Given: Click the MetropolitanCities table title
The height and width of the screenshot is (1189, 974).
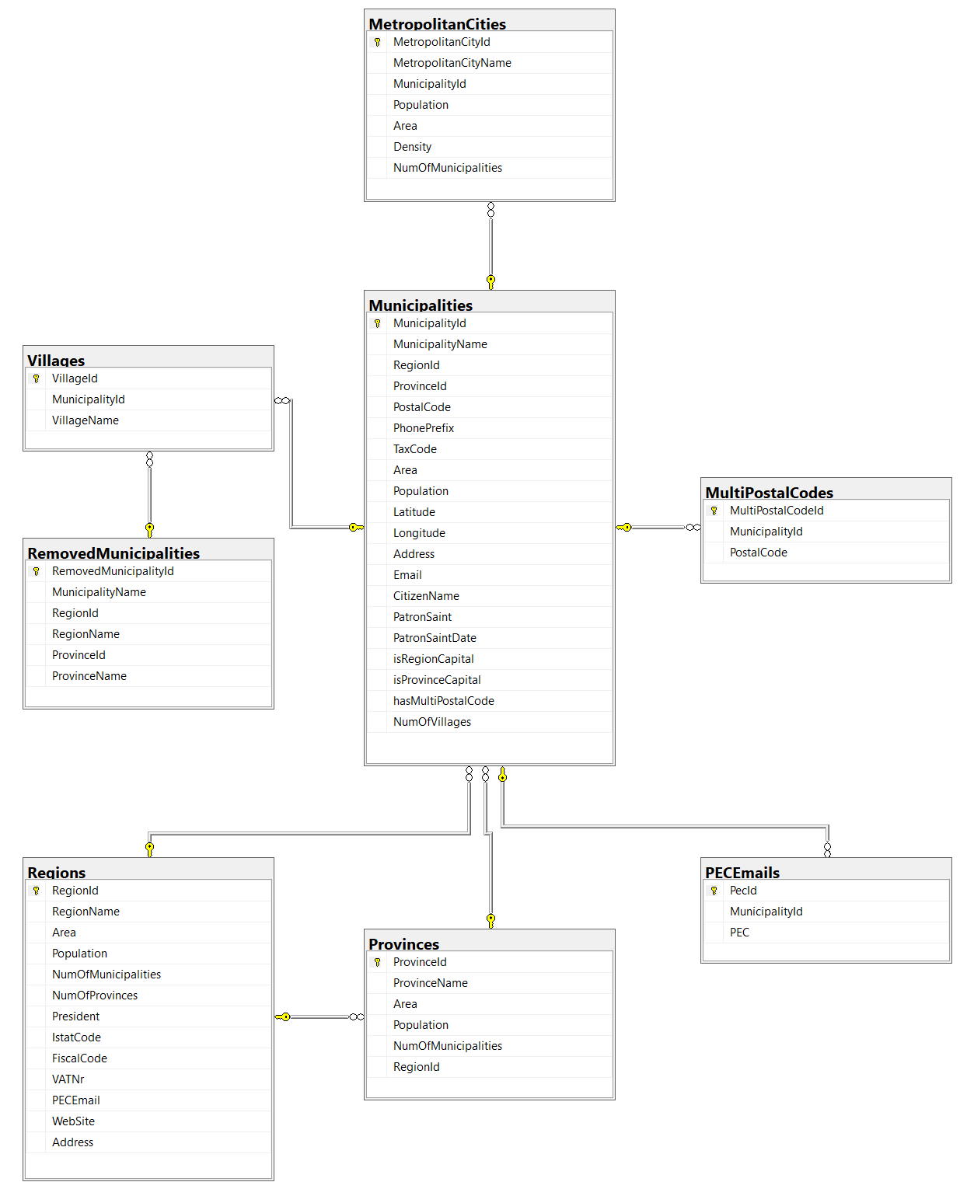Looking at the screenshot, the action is (x=437, y=23).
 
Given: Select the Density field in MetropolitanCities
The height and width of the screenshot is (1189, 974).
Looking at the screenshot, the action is (x=412, y=147).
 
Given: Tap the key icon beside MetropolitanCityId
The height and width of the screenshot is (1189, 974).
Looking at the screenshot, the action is (x=377, y=42).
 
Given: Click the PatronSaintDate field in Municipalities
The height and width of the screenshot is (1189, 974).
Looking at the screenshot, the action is (x=435, y=637).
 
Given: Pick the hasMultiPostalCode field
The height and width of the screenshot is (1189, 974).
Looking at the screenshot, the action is (x=443, y=701).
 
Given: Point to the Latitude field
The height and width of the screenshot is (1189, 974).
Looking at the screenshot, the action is (x=414, y=512).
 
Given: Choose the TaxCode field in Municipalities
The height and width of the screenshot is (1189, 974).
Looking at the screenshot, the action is (x=414, y=448).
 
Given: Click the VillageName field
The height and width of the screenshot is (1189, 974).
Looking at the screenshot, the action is (x=86, y=420).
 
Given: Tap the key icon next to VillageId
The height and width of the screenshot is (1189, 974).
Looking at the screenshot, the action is (x=36, y=378).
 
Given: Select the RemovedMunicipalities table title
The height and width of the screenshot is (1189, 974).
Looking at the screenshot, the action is (x=113, y=553).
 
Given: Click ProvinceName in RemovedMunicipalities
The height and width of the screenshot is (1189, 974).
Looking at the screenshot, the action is (x=89, y=675).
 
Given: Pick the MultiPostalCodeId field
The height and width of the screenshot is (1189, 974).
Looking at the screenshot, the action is (x=776, y=511).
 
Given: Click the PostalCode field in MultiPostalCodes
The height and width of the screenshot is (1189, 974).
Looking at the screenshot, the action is (x=758, y=552).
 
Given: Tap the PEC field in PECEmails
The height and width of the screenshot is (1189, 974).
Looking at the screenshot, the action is (x=738, y=932).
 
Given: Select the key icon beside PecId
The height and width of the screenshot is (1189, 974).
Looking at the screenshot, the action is (x=714, y=891).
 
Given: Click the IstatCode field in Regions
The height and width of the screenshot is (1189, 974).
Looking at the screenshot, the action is (x=76, y=1037).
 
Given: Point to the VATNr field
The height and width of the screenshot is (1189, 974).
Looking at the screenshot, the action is (x=68, y=1079).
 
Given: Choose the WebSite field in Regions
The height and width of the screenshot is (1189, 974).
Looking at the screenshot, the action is (x=73, y=1121).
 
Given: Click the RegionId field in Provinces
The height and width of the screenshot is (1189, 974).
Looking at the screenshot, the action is (x=416, y=1066).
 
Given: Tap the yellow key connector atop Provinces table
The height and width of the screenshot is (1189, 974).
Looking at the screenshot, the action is (x=490, y=920).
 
